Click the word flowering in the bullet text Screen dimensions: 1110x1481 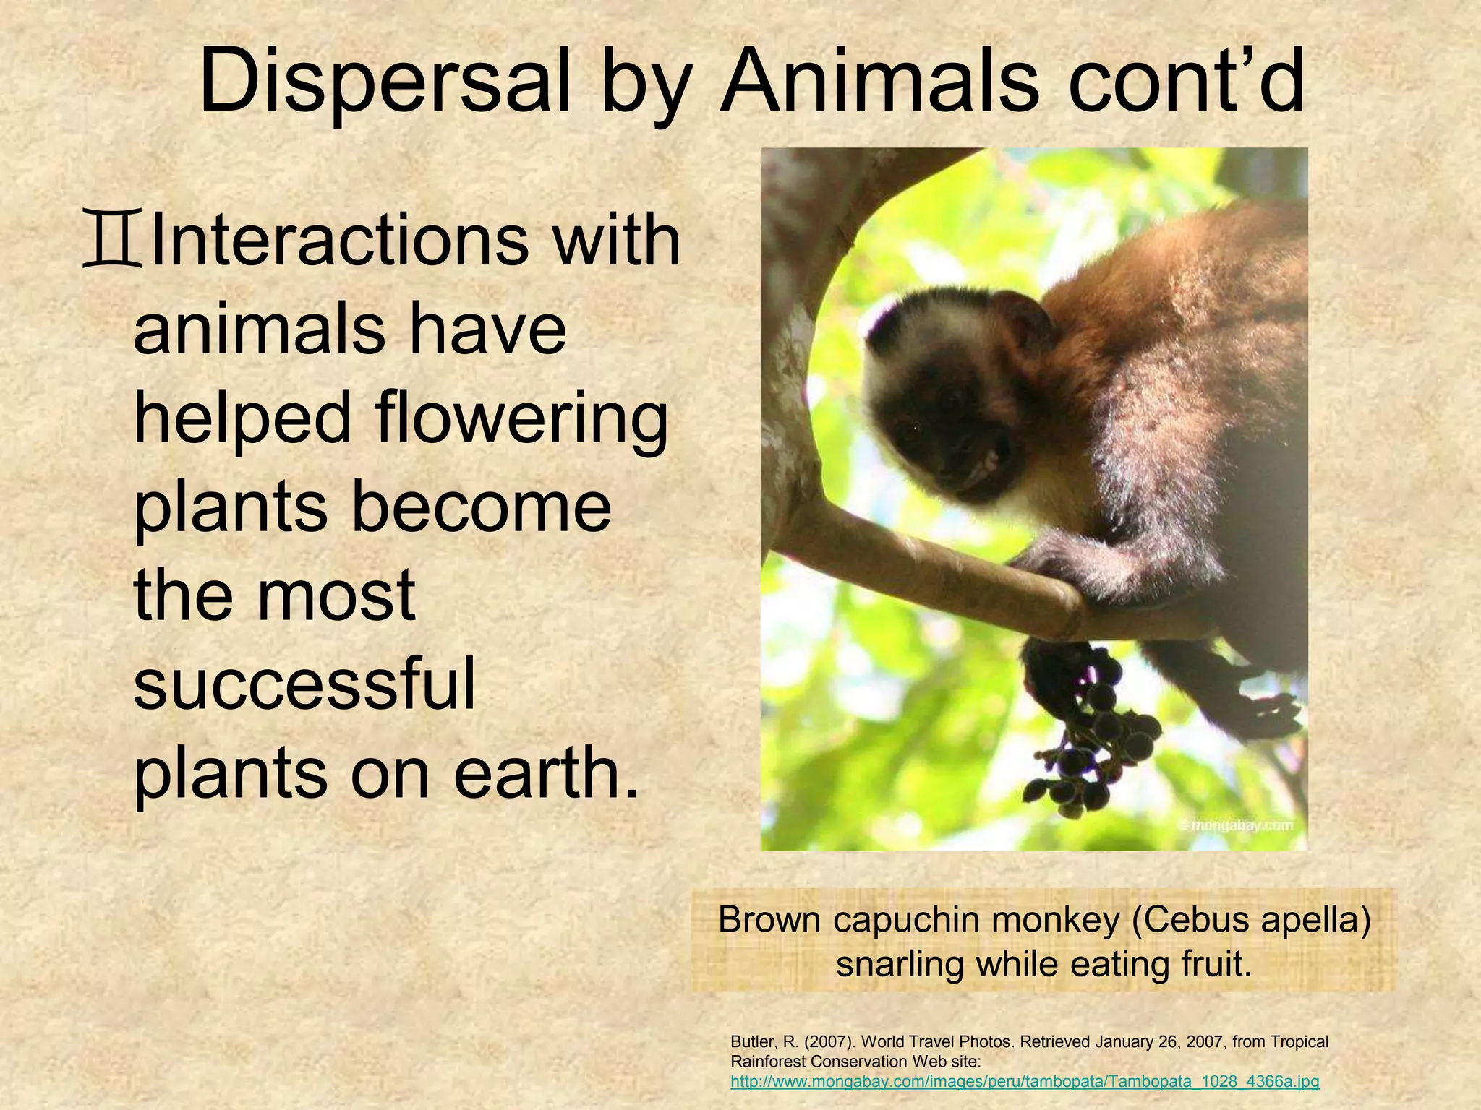point(521,419)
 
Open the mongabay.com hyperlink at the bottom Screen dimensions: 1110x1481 point(1025,1082)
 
